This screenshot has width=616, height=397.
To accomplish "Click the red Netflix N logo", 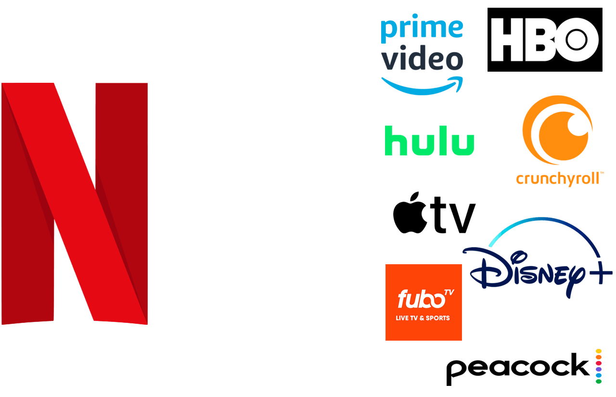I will click(x=75, y=202).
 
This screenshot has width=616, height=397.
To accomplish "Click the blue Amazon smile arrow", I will click(x=421, y=86).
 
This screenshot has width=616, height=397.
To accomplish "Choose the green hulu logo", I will click(x=429, y=141).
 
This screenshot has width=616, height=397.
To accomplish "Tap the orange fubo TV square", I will click(x=423, y=302).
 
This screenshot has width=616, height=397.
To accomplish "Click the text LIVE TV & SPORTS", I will click(x=423, y=318).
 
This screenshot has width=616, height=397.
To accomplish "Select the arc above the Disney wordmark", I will click(x=544, y=224).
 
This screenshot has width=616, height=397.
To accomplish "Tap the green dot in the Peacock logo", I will click(x=599, y=381).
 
